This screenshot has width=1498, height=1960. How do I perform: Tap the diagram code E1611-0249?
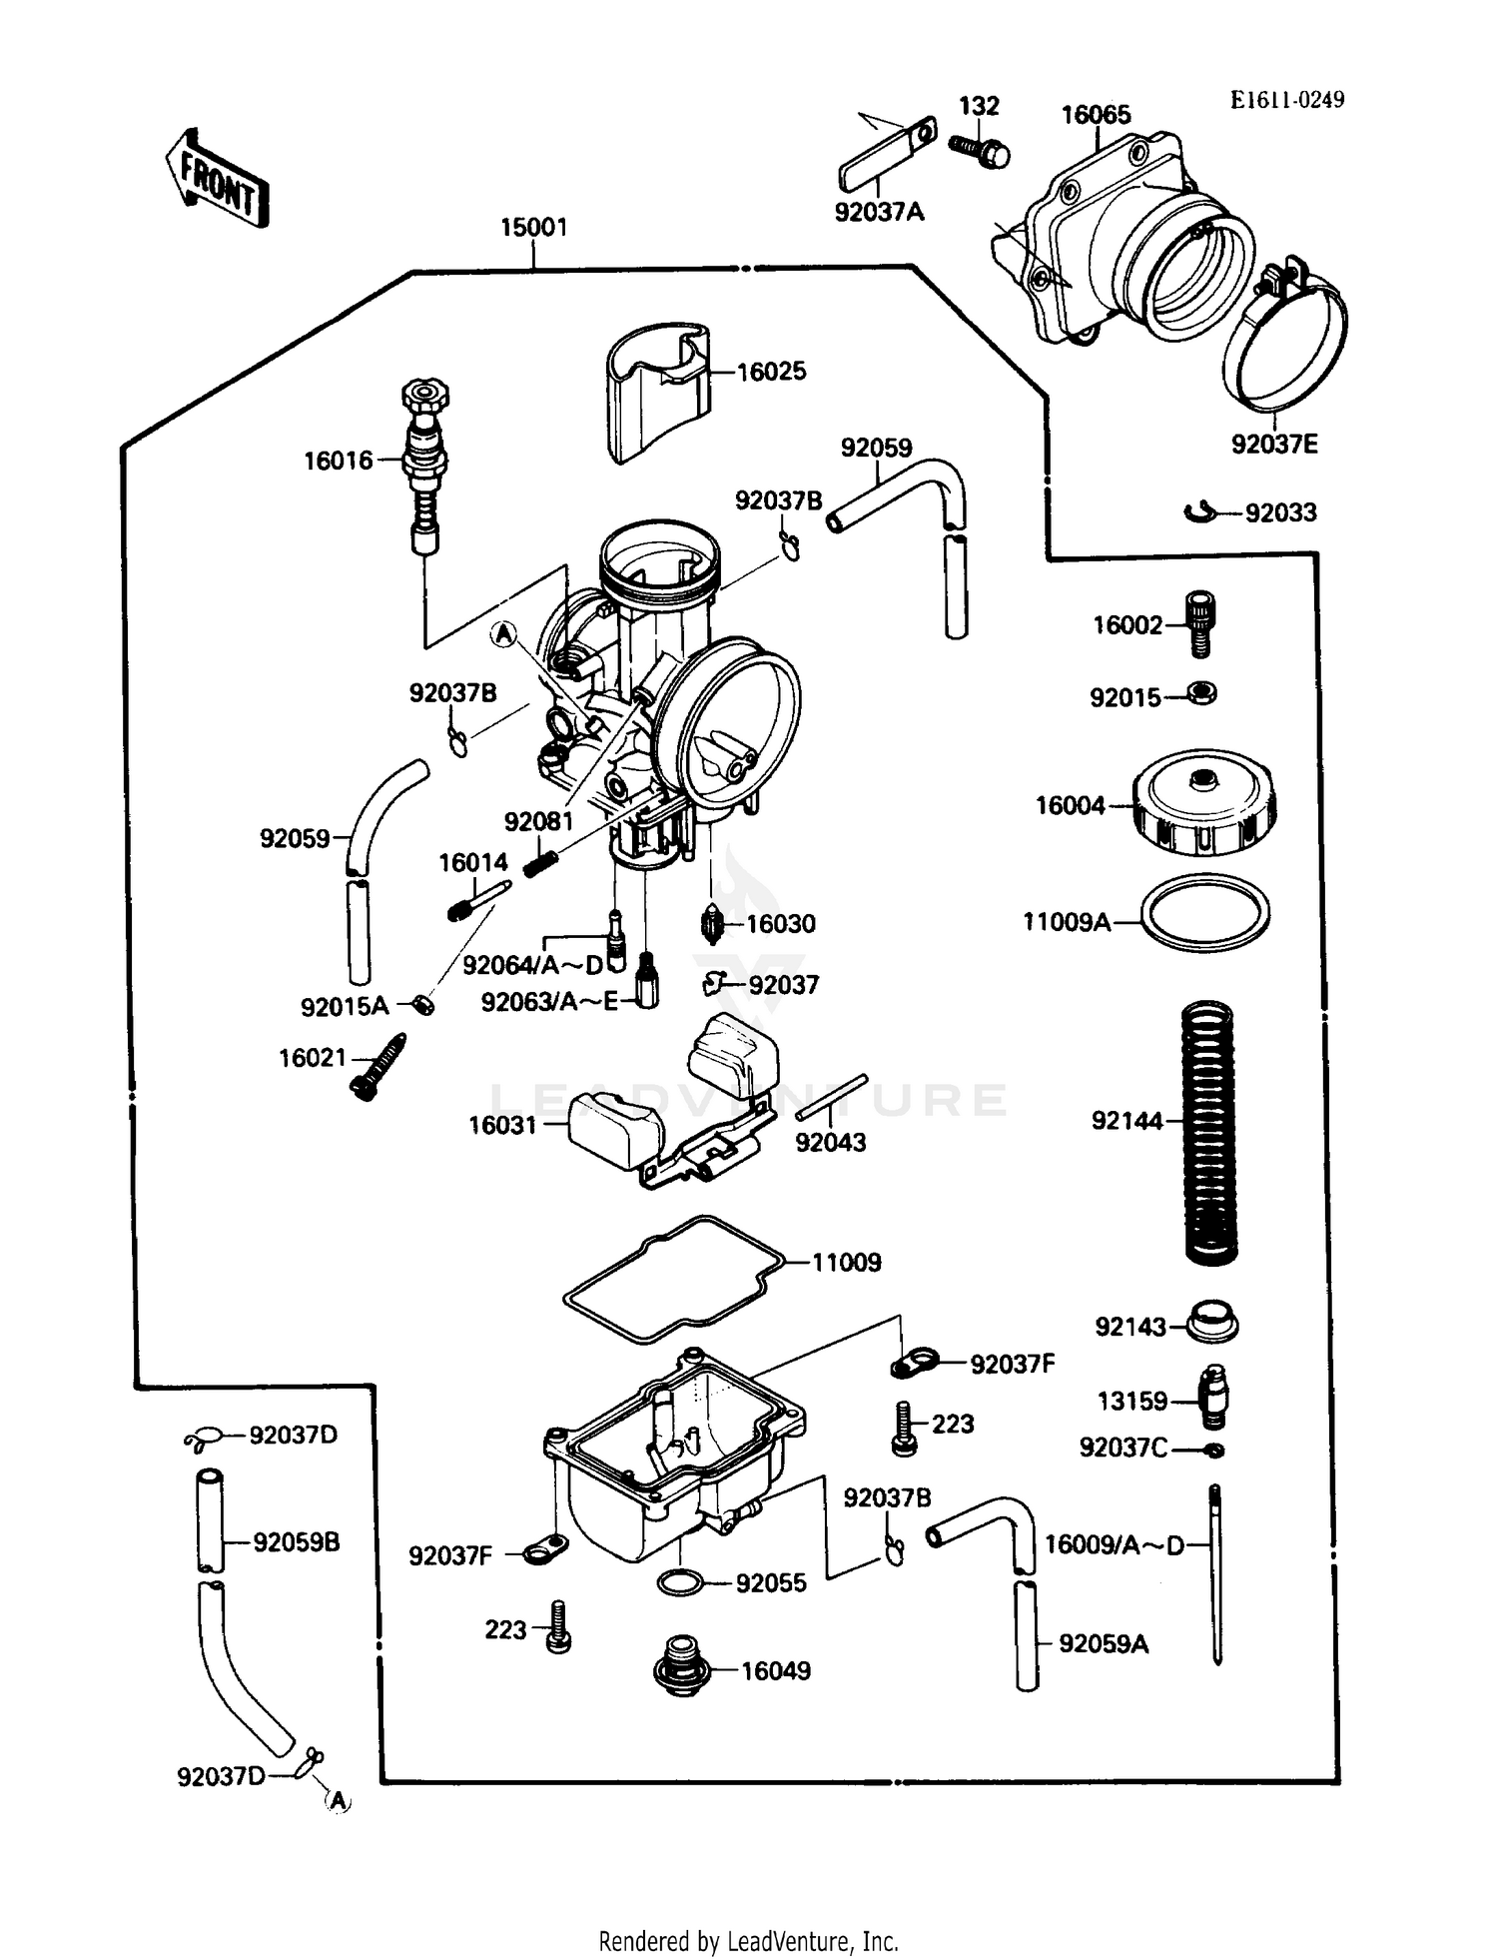pyautogui.click(x=1286, y=100)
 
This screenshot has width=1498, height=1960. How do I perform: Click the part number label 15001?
pyautogui.click(x=533, y=228)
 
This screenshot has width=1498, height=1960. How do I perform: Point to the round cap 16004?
pyautogui.click(x=1205, y=803)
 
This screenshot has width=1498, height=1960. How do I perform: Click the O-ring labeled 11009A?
pyautogui.click(x=1205, y=913)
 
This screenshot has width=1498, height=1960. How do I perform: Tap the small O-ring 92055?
pyautogui.click(x=680, y=1583)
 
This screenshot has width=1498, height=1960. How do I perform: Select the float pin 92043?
pyautogui.click(x=832, y=1097)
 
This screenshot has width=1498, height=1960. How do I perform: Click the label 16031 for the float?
pyautogui.click(x=502, y=1126)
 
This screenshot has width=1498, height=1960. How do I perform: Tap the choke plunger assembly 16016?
pyautogui.click(x=425, y=462)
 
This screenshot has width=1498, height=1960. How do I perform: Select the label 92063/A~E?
pyautogui.click(x=549, y=1002)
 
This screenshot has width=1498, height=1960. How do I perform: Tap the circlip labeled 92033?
pyautogui.click(x=1198, y=512)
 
